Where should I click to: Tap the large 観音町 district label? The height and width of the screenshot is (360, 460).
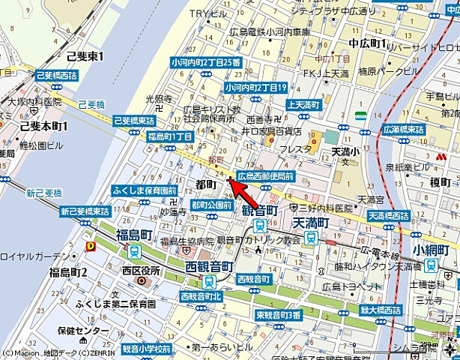260,211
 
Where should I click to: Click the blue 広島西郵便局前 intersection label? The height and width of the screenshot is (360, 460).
265,175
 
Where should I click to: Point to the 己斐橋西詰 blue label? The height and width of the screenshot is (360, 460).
57,76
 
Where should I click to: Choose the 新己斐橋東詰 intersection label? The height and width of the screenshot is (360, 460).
85,211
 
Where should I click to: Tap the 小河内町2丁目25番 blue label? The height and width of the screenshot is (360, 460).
205,63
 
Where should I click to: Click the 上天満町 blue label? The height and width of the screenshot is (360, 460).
305,105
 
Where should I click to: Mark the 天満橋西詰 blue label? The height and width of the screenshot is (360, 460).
389,216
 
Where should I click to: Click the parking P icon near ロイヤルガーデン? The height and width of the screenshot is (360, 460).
91,244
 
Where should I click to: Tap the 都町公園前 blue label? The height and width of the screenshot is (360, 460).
211,204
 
